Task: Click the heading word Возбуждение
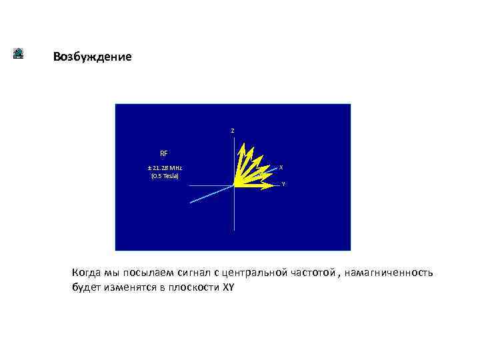[x=93, y=57]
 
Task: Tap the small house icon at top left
[x=19, y=54]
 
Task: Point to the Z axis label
[x=232, y=130]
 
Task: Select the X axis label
[x=281, y=167]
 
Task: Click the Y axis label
[x=283, y=184]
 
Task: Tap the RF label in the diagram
[x=164, y=153]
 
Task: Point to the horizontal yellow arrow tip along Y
[x=276, y=186]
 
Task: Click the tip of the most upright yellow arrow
[x=244, y=145]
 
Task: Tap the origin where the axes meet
[x=234, y=186]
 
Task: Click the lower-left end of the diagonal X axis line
[x=191, y=202]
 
